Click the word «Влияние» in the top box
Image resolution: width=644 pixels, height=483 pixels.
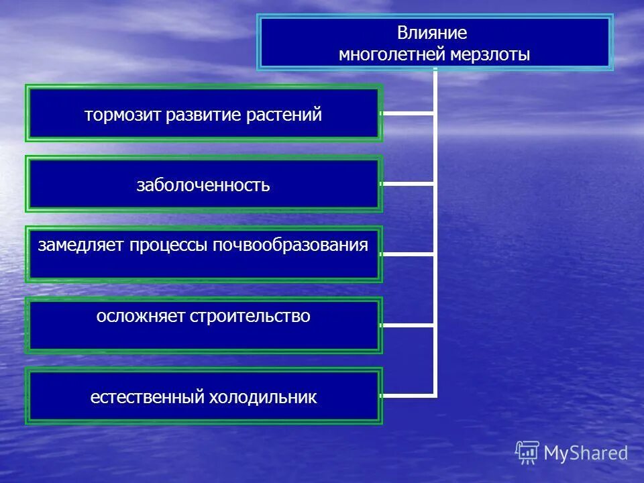(431, 33)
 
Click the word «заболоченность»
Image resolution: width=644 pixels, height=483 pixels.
(203, 186)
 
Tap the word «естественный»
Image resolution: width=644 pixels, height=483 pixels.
(147, 398)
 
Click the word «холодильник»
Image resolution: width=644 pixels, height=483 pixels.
(263, 398)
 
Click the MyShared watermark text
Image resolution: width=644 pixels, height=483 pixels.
(586, 453)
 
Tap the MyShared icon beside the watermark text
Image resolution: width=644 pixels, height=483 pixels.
(527, 452)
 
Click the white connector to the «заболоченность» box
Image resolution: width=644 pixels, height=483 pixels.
(408, 184)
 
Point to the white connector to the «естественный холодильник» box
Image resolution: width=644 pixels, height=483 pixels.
(408, 395)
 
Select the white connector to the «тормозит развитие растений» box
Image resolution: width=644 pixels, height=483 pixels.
(408, 113)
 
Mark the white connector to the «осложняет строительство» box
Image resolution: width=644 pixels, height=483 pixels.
(408, 325)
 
